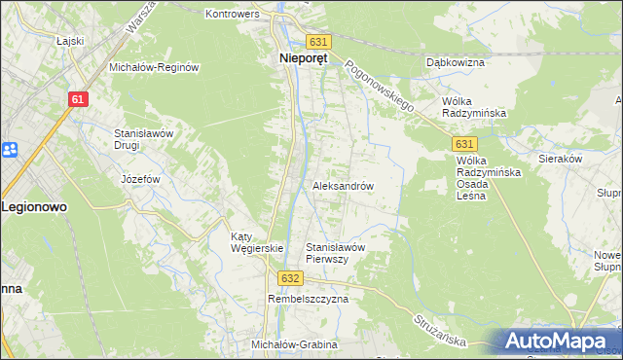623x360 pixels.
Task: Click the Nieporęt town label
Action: [x=298, y=57]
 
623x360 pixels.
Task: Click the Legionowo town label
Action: [x=34, y=207]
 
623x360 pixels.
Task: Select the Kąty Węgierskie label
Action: [x=256, y=242]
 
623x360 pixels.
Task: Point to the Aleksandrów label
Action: [x=343, y=185]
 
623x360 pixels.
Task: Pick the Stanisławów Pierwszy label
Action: [x=335, y=253]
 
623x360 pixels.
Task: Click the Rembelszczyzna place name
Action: [x=308, y=300]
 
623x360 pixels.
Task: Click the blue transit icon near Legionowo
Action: [x=10, y=150]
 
